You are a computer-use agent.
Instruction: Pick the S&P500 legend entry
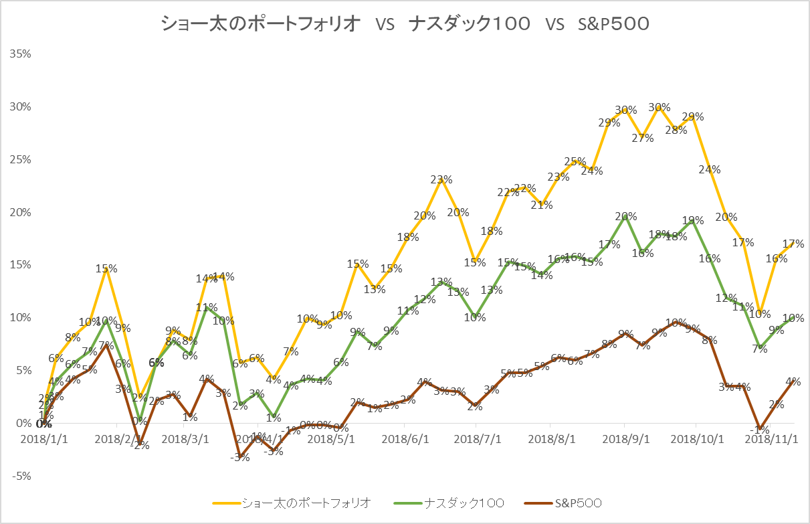(577, 502)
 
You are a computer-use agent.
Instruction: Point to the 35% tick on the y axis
(20, 54)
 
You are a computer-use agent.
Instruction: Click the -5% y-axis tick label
(20, 476)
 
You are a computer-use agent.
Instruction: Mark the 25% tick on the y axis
(20, 159)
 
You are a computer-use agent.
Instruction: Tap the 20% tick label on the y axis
(20, 212)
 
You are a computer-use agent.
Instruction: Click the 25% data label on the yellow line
(575, 161)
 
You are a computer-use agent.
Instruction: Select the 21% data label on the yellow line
(542, 205)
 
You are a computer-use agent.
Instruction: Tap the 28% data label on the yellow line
(676, 130)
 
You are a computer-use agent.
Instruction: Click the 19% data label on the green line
(693, 220)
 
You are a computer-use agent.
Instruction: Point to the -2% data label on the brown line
(141, 445)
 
